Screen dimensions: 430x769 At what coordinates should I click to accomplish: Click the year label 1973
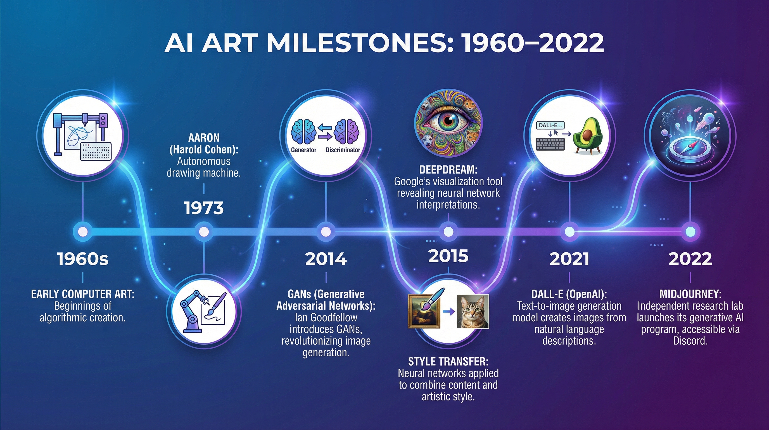tap(204, 208)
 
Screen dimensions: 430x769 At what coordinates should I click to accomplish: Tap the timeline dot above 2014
tap(326, 232)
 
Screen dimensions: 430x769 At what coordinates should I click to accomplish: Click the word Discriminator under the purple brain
tap(343, 150)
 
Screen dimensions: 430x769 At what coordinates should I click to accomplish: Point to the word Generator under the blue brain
tap(303, 150)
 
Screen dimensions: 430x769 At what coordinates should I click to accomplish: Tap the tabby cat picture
tap(473, 311)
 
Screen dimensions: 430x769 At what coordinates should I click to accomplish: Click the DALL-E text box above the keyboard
tap(550, 125)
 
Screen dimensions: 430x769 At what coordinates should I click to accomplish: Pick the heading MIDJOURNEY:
tap(690, 294)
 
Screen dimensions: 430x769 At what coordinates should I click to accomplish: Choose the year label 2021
tap(569, 259)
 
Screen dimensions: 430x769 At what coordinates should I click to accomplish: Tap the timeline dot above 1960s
tap(83, 232)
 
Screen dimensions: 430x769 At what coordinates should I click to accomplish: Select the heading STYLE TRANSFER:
tap(448, 362)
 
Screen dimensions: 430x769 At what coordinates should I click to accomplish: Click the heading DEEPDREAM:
tap(448, 170)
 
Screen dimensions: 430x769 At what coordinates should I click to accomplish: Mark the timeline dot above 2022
tap(690, 232)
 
